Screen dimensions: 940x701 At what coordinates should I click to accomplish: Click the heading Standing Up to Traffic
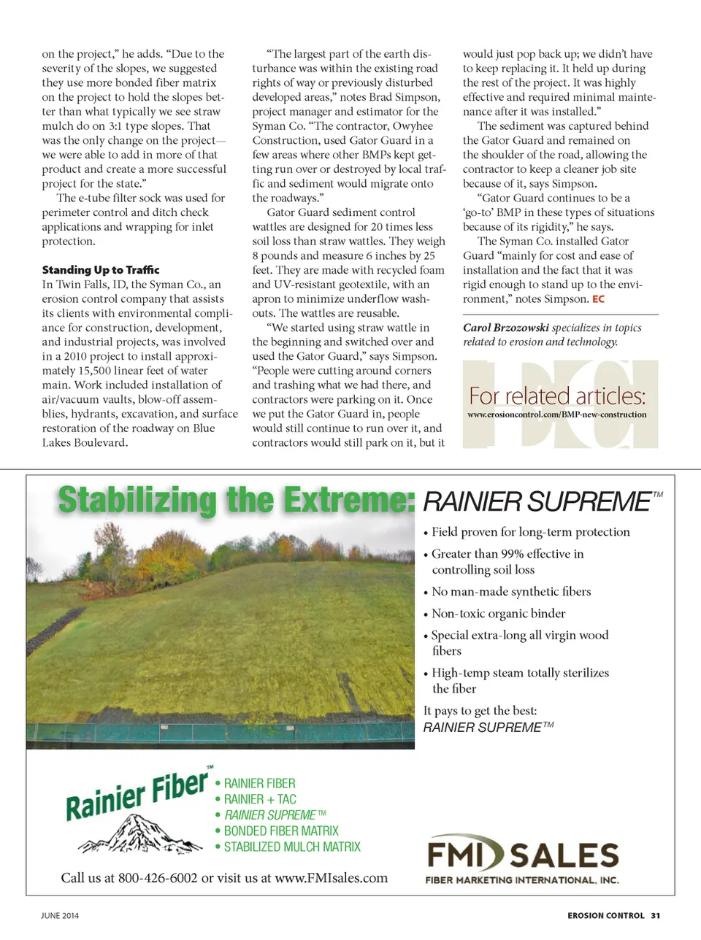[101, 270]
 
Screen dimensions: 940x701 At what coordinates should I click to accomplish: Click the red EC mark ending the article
[598, 299]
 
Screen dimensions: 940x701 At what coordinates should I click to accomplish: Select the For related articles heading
[557, 396]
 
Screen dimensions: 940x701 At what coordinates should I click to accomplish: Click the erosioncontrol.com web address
[556, 415]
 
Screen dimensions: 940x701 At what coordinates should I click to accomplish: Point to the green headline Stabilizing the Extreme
[235, 501]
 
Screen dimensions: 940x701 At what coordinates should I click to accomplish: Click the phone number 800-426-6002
[158, 878]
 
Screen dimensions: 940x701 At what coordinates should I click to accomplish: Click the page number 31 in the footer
[656, 915]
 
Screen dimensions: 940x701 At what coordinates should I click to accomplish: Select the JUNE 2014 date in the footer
[60, 915]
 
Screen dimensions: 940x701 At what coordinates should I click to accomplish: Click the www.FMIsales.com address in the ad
[331, 878]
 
